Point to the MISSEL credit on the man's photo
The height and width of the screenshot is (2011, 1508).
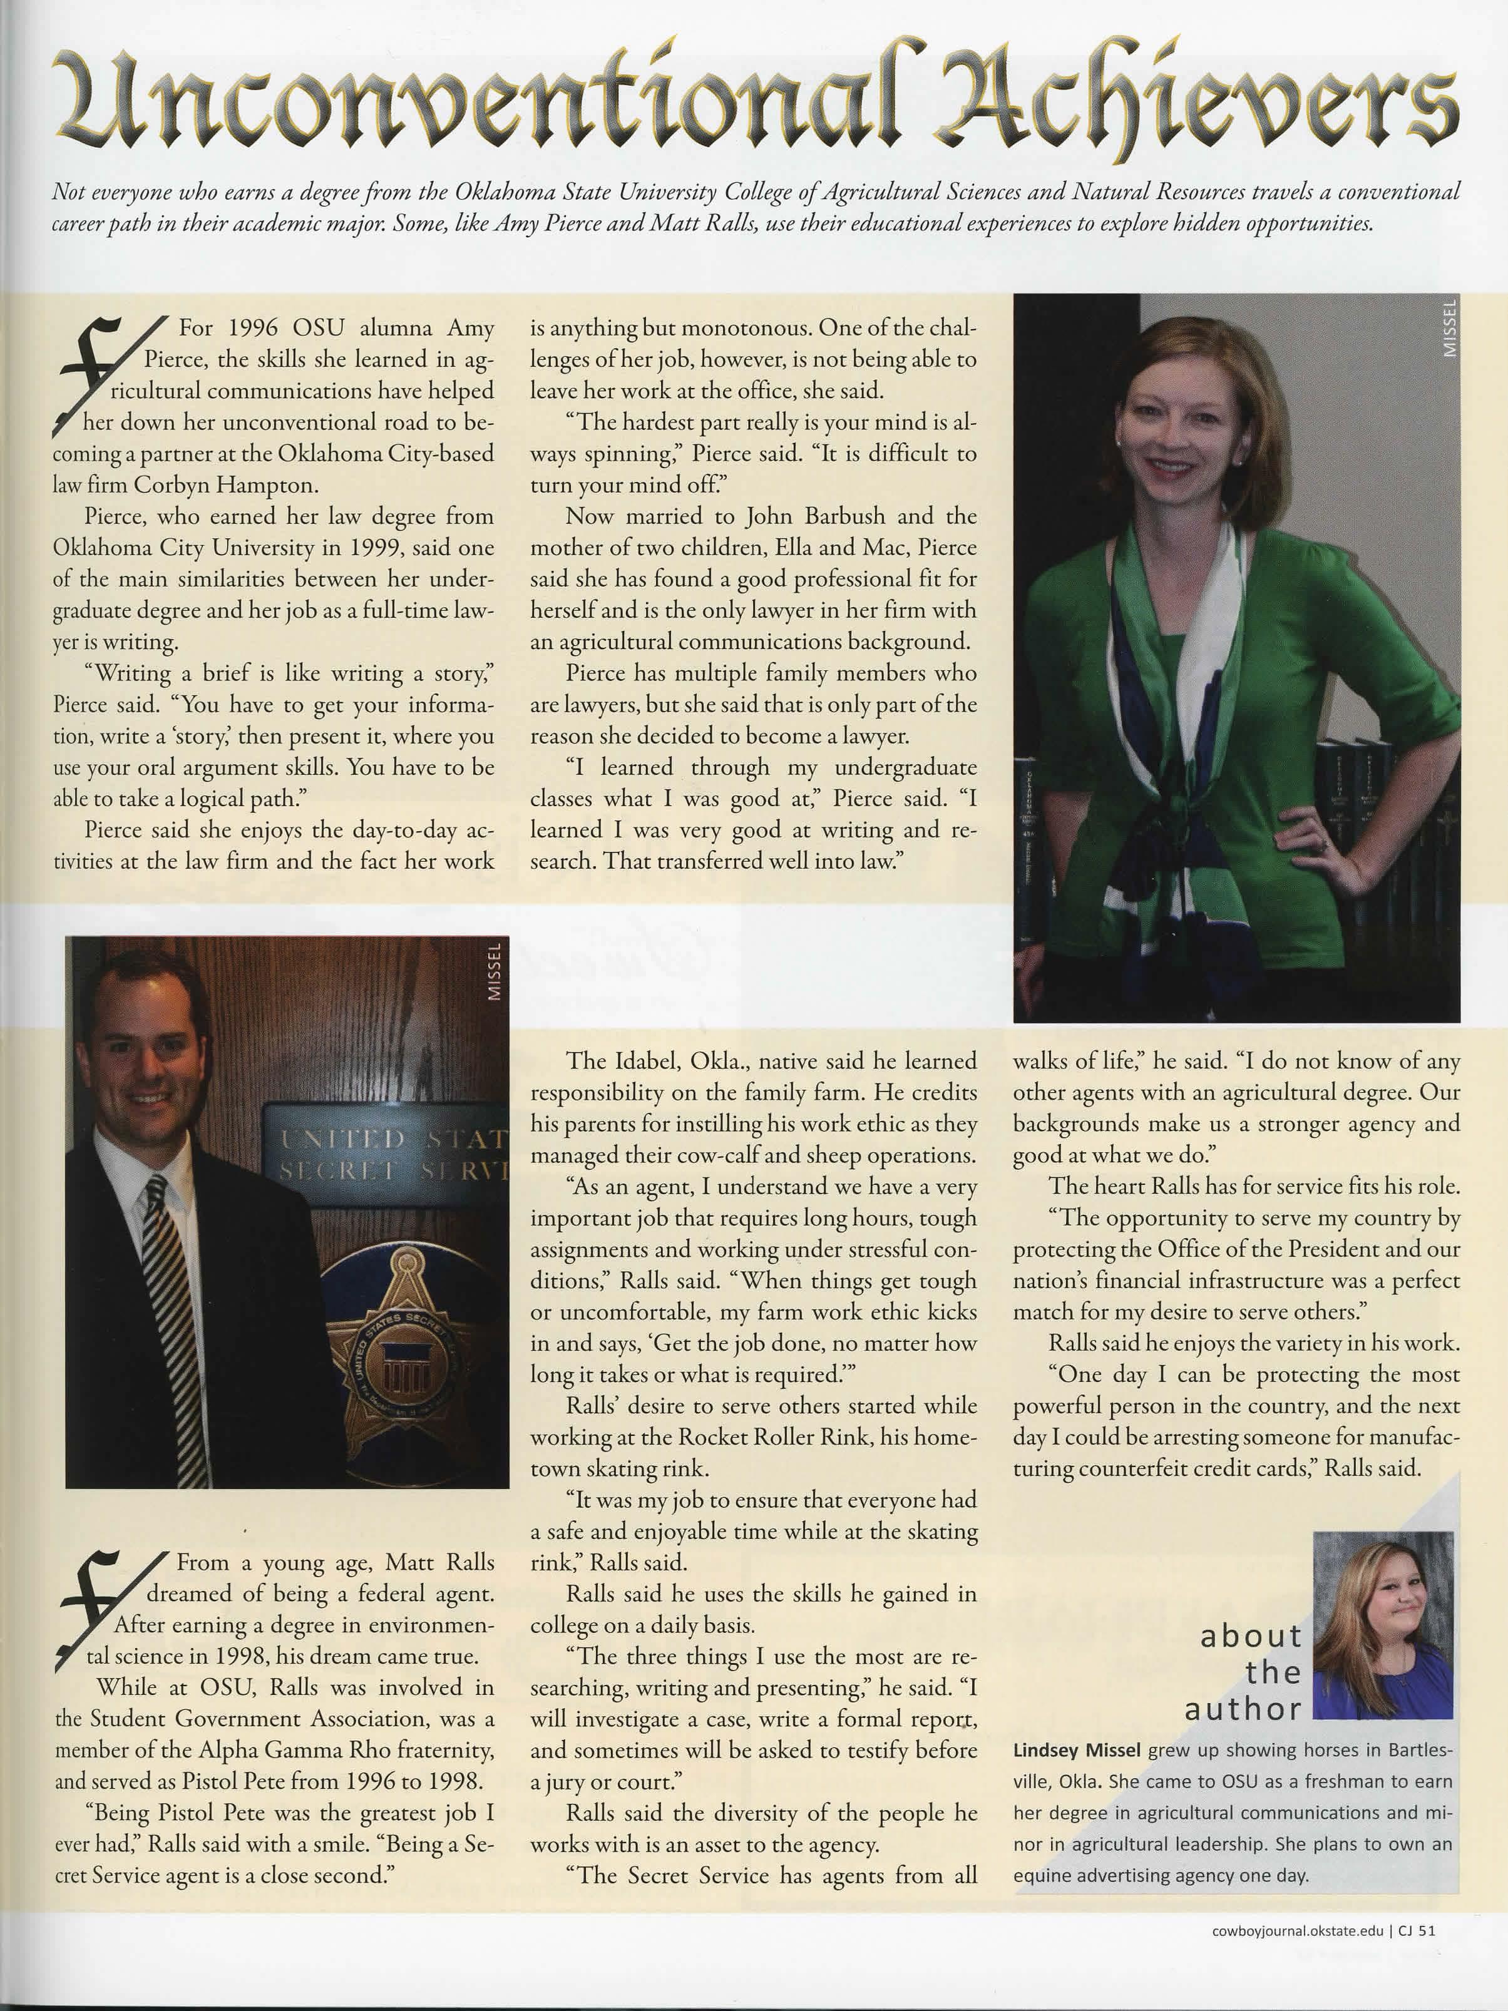point(495,973)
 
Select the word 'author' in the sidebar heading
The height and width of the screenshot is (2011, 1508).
point(1243,1709)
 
